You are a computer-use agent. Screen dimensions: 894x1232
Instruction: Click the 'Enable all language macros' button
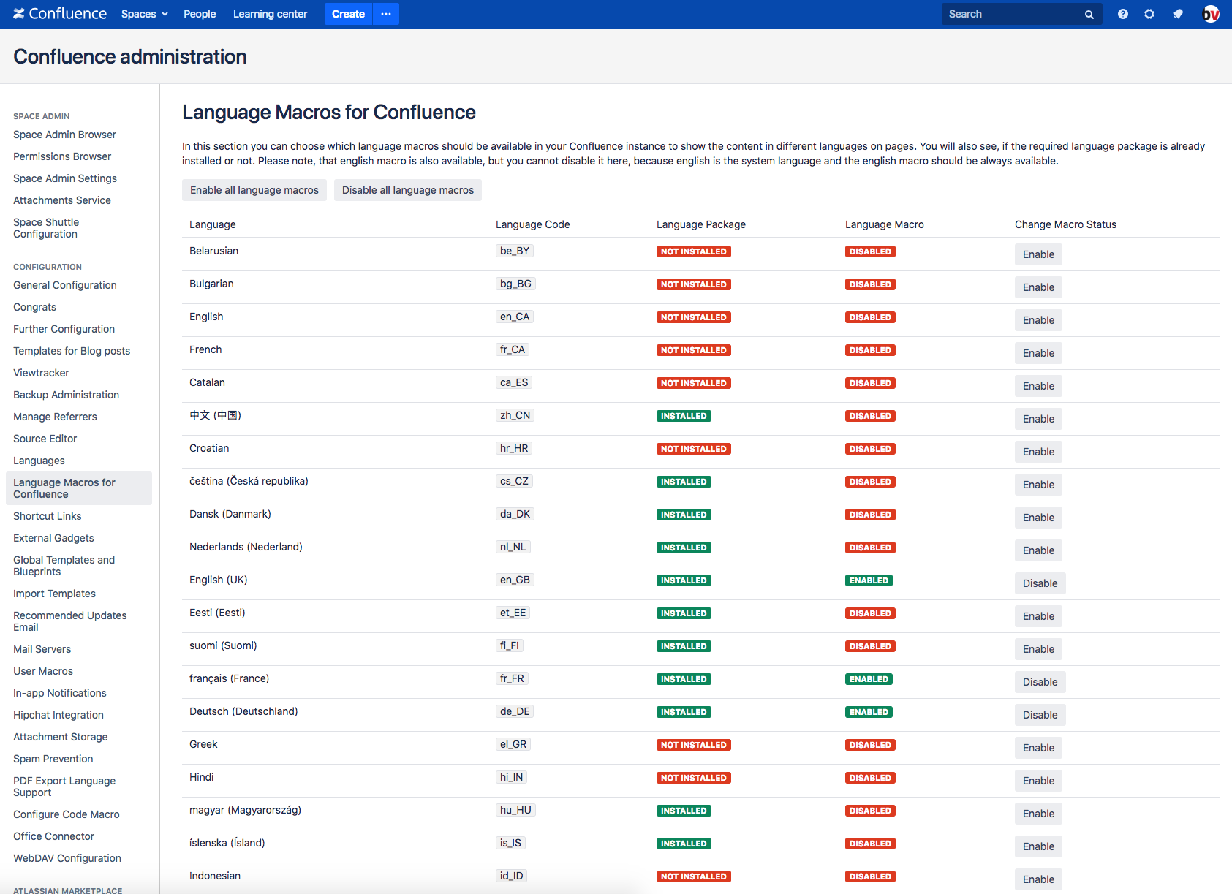(x=254, y=190)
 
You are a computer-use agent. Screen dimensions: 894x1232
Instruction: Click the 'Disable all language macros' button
(x=407, y=190)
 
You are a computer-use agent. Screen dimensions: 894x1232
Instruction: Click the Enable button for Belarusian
(x=1038, y=254)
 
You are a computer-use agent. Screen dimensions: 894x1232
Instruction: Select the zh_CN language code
(x=515, y=415)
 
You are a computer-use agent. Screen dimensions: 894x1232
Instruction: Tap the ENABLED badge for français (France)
(x=869, y=679)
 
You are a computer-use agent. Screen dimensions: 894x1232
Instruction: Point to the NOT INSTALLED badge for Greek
(x=693, y=745)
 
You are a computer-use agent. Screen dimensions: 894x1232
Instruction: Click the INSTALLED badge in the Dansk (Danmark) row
(x=683, y=515)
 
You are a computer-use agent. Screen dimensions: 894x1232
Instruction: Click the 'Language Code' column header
(x=532, y=224)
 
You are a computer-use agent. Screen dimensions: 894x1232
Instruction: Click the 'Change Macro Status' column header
(x=1065, y=224)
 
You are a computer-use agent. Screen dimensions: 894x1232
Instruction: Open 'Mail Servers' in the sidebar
(x=42, y=649)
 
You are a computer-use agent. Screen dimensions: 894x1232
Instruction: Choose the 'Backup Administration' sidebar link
(x=66, y=395)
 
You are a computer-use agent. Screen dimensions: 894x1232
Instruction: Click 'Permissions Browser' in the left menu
(x=62, y=156)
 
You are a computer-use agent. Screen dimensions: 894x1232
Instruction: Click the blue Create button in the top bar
(x=348, y=14)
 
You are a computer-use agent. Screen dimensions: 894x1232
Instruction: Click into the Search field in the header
(x=1013, y=14)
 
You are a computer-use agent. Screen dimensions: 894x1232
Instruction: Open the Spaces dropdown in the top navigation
(x=144, y=14)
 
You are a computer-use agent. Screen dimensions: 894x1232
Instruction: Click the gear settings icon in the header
(x=1149, y=14)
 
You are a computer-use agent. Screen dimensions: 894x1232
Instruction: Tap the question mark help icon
(x=1122, y=14)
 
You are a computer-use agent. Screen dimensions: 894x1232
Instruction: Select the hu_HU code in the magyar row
(x=515, y=810)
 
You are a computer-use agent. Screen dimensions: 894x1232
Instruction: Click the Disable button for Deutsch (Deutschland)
(x=1039, y=715)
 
